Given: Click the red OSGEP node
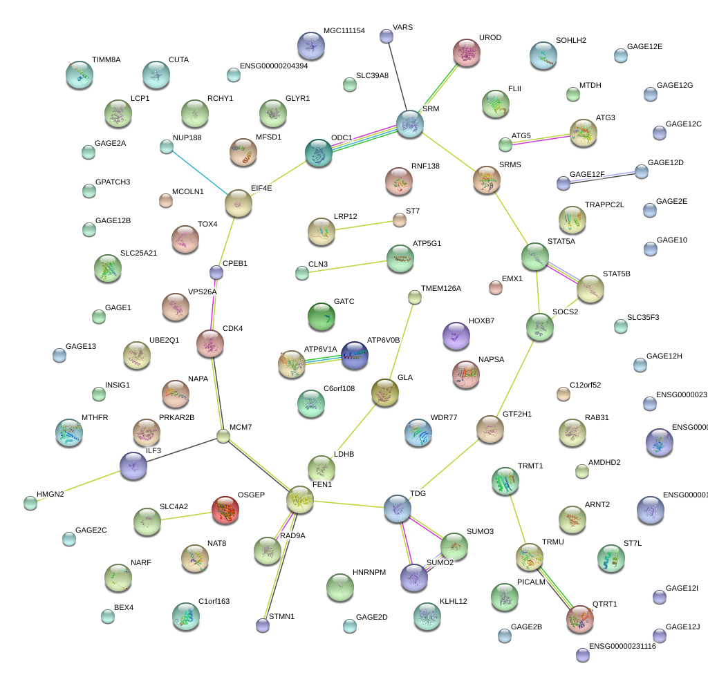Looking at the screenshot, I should pos(226,511).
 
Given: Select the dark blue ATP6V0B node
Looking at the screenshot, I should pos(355,355).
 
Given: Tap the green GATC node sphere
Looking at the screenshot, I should pos(321,316).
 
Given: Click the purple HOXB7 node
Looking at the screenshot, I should pos(456,336).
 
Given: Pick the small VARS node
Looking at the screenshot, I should pos(386,35).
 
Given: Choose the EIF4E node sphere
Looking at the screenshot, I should pos(239,203).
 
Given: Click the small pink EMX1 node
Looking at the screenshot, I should pos(495,287).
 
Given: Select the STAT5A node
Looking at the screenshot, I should pos(535,256).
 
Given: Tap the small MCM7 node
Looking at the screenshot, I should pos(223,436).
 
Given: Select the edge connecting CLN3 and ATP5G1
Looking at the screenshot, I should pos(344,267).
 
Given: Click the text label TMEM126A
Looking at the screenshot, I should pos(440,288).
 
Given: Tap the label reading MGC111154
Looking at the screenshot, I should pos(344,31).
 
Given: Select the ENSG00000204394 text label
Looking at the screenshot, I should pos(274,66).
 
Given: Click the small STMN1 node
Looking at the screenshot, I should pos(263,625).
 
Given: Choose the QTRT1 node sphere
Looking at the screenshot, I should pos(580,619).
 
